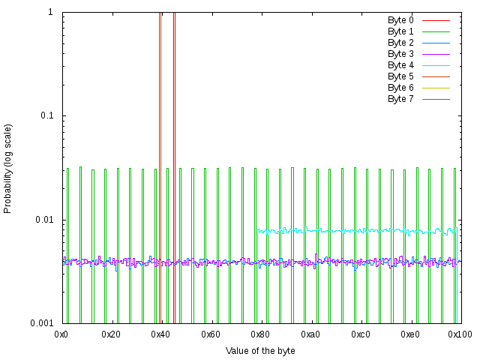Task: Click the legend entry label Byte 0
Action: (400, 20)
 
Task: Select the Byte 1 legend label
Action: (400, 31)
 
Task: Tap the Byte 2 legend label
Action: (400, 43)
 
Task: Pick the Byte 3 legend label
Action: (400, 54)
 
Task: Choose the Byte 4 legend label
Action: (400, 65)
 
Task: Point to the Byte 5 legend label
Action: (400, 76)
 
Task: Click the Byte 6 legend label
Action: (400, 88)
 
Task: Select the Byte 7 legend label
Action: (400, 99)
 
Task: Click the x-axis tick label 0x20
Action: (112, 334)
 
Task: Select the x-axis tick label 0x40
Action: (161, 334)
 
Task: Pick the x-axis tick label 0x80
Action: (261, 334)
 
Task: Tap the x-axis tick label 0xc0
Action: (360, 334)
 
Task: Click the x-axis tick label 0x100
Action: (459, 334)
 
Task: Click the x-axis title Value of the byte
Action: (260, 350)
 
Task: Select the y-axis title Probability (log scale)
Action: (8, 168)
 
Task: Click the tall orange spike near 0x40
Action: (160, 150)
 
